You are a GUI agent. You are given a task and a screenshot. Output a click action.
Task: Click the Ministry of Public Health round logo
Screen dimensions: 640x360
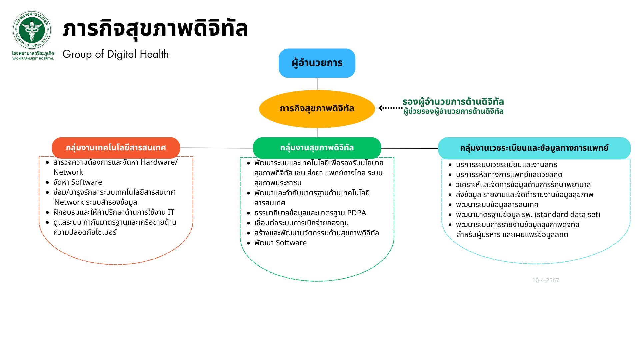(32, 30)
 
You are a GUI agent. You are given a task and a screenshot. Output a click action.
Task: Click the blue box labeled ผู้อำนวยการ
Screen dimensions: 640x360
(317, 63)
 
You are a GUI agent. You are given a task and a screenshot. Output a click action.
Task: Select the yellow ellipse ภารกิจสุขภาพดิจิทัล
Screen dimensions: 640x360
(317, 109)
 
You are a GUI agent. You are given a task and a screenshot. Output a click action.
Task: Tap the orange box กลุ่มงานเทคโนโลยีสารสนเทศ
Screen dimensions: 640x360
(116, 148)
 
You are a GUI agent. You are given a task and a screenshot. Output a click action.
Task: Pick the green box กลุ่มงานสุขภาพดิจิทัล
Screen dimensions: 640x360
(317, 148)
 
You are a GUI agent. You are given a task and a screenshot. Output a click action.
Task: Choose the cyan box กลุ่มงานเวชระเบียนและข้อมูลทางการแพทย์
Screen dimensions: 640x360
(534, 148)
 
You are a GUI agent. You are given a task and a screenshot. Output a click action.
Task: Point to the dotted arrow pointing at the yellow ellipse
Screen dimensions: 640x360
(391, 108)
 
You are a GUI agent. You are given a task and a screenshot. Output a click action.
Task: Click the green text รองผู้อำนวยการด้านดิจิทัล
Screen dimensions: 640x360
(453, 101)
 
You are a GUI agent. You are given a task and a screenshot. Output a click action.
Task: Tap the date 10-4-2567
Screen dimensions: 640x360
(546, 280)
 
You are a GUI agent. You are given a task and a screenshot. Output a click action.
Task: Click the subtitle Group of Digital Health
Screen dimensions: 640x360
(116, 54)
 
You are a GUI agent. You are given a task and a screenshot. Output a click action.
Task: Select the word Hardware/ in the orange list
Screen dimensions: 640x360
(159, 162)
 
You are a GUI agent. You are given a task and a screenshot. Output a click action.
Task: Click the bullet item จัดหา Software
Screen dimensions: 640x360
(78, 182)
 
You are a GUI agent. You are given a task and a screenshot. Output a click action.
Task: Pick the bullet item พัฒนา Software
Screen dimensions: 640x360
(280, 243)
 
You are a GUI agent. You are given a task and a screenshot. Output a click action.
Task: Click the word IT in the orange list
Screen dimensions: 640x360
(171, 212)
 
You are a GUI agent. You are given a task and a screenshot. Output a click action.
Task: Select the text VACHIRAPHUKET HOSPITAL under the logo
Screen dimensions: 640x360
(33, 59)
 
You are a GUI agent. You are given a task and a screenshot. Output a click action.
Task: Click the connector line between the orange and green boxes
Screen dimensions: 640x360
(217, 148)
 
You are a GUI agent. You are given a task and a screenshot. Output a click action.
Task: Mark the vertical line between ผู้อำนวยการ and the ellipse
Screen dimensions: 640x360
(317, 84)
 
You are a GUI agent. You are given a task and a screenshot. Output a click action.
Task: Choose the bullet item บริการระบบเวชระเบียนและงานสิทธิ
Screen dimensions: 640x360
(506, 165)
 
